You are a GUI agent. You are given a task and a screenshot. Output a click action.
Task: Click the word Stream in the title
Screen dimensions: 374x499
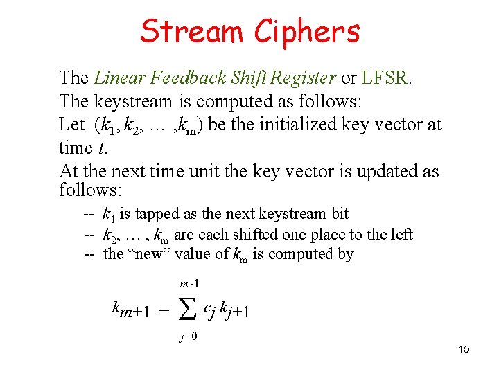tap(192, 31)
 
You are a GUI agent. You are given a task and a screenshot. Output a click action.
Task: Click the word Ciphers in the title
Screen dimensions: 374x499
tap(307, 31)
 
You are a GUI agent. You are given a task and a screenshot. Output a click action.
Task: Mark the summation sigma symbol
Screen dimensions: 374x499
tap(186, 312)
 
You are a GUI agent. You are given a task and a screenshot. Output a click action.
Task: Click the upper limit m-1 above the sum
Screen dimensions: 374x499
tap(189, 283)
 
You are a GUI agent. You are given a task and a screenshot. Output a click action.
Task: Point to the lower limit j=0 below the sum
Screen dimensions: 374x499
tap(189, 338)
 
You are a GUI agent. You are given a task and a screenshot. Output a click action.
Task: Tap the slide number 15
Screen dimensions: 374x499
tap(464, 349)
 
